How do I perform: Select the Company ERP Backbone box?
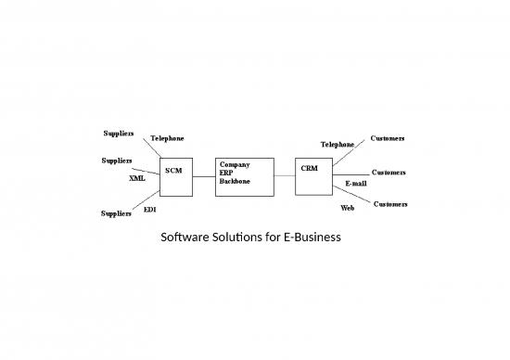tap(244, 176)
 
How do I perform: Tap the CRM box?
tap(313, 176)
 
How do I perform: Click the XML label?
tap(136, 177)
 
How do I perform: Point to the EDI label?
tap(149, 210)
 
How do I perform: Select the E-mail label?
tap(355, 183)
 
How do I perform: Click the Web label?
tap(347, 208)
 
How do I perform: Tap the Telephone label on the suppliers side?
tap(167, 138)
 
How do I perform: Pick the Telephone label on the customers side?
tap(337, 145)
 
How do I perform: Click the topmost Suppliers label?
tap(117, 133)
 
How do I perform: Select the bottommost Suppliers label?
tap(117, 214)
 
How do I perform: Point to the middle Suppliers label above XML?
tap(116, 161)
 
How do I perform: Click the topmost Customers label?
tap(387, 138)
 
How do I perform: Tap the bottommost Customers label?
tap(390, 203)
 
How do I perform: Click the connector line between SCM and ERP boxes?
tap(203, 176)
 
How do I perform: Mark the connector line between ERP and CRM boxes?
tap(285, 176)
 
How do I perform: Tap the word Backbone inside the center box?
tap(236, 181)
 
